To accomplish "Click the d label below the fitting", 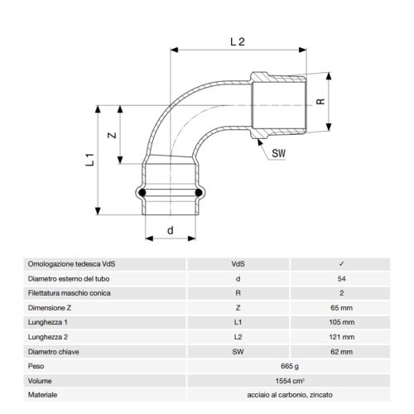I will (170, 231).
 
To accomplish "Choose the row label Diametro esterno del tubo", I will (70, 278).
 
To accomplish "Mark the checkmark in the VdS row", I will (341, 263).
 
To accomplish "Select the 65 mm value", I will (341, 308).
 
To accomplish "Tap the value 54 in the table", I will (341, 278).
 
